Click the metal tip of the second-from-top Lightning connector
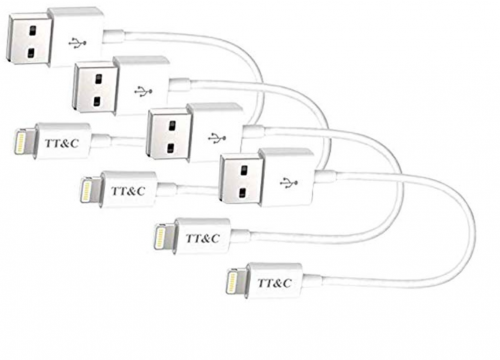click(88, 187)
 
